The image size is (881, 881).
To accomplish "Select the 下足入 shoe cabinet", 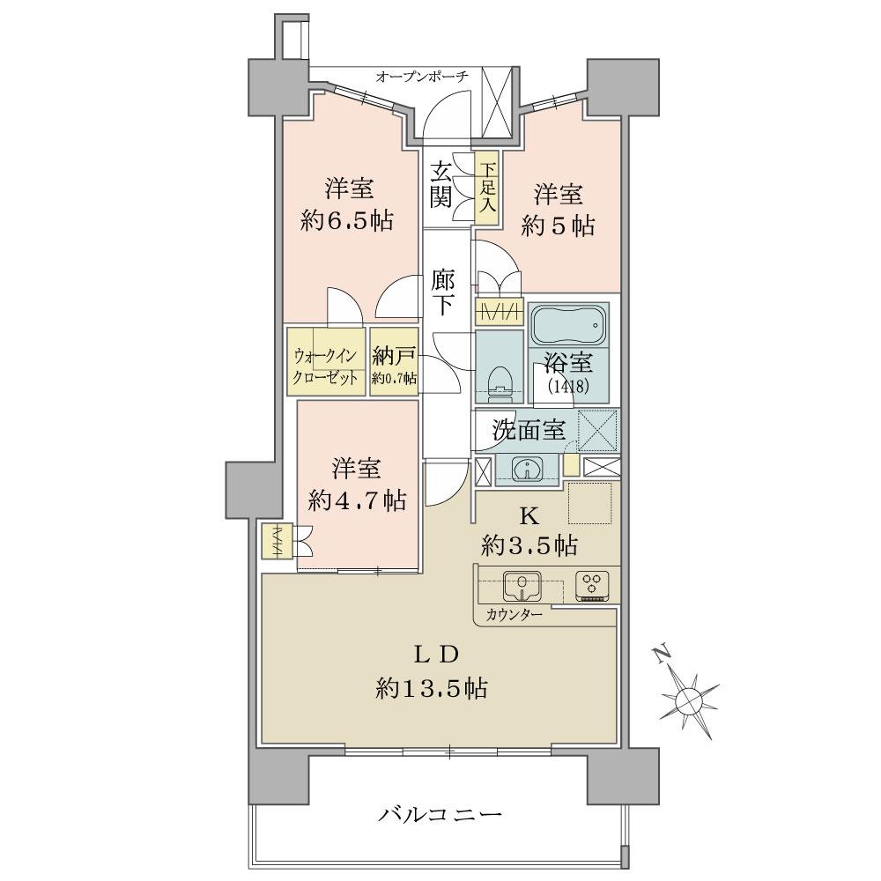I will click(486, 188).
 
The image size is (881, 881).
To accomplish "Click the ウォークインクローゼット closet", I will click(325, 363).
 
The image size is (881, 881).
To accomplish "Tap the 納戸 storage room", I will click(394, 363).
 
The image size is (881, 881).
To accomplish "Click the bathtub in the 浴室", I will click(569, 325).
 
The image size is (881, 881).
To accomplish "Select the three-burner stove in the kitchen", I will click(593, 584).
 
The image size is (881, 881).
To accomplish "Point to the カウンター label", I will click(513, 613).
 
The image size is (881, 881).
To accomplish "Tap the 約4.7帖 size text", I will click(357, 500).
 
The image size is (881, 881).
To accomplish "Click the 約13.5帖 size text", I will click(431, 688).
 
